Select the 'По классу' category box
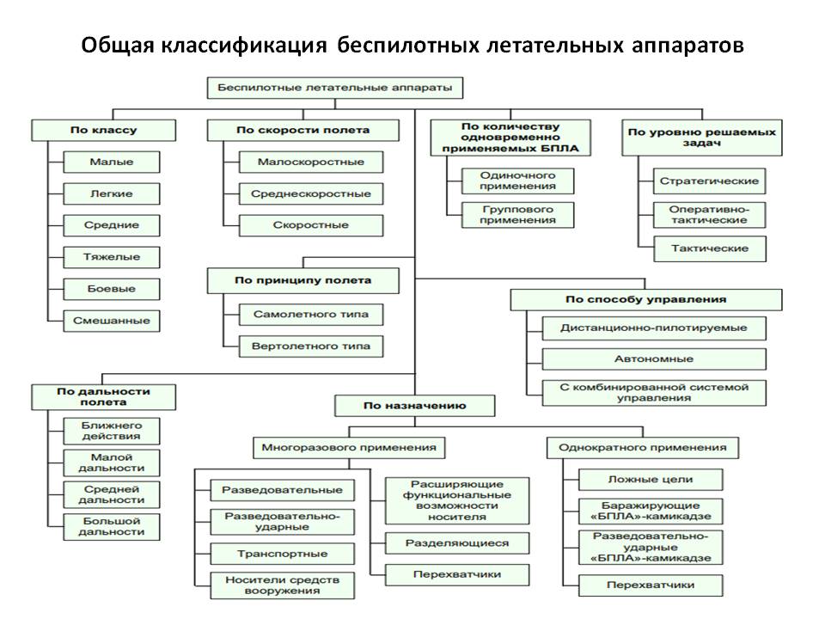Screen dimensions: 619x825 click(103, 130)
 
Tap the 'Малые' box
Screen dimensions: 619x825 click(112, 162)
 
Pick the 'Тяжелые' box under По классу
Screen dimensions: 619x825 click(112, 256)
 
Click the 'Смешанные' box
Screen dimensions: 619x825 click(112, 321)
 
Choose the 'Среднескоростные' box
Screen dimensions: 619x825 click(310, 193)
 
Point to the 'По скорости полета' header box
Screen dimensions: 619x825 click(302, 130)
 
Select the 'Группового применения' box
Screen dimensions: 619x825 click(517, 214)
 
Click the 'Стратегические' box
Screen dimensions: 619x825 click(709, 181)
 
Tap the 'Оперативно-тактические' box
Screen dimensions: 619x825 click(709, 214)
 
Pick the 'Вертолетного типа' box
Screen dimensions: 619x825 click(310, 346)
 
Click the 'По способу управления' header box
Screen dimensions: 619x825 click(645, 299)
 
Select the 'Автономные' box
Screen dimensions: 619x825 click(654, 359)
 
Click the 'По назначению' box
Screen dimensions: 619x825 click(414, 404)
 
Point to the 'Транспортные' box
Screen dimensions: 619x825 click(282, 554)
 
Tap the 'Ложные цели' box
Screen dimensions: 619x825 click(650, 479)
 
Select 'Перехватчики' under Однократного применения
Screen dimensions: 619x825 click(650, 585)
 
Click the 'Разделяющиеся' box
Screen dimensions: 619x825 click(457, 542)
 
